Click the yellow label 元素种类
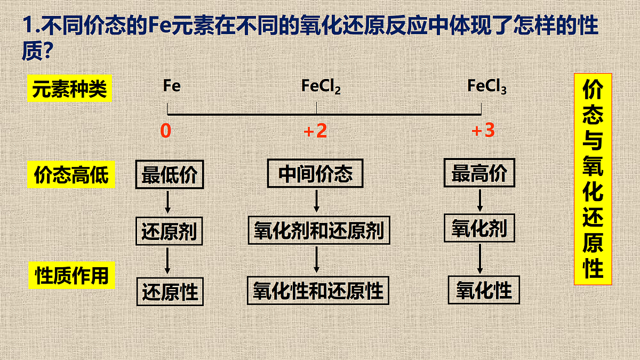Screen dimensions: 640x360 click(69, 89)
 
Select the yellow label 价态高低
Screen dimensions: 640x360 click(71, 174)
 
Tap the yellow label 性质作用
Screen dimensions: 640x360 click(71, 275)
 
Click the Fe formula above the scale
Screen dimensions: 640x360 click(172, 85)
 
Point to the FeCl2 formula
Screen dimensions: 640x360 click(321, 86)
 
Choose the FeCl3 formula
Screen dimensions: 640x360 click(487, 86)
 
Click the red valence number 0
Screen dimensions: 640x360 click(166, 131)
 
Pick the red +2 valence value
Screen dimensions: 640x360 click(315, 131)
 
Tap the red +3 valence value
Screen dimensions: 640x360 click(483, 130)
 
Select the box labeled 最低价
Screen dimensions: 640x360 click(170, 174)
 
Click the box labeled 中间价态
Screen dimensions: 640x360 click(315, 173)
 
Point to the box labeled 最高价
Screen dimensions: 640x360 click(479, 173)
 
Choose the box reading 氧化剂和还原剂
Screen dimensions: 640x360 click(319, 230)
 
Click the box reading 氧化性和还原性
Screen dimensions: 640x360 click(318, 291)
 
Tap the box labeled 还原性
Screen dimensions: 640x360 click(170, 292)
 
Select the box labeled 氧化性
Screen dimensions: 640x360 click(484, 290)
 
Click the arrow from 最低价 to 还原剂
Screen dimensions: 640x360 click(167, 202)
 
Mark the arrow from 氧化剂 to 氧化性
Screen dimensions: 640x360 click(480, 259)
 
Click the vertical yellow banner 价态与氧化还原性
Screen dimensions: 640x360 click(593, 179)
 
